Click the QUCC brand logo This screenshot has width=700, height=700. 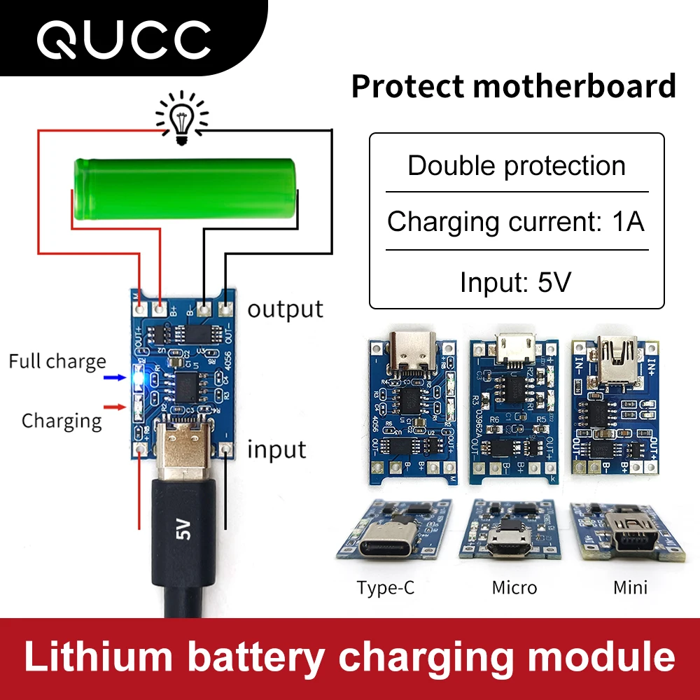(124, 39)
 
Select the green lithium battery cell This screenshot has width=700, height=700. (186, 187)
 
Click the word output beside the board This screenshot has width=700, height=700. (286, 309)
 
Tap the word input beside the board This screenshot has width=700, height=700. (277, 449)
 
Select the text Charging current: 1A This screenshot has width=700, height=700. (516, 222)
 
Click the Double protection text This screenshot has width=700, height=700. (517, 166)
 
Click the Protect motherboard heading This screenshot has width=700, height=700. (513, 86)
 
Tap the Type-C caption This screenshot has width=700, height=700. (385, 587)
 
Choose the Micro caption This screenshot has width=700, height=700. (514, 587)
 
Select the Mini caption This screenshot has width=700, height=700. (630, 587)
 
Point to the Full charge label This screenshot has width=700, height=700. (57, 362)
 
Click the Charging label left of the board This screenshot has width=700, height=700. (62, 421)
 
